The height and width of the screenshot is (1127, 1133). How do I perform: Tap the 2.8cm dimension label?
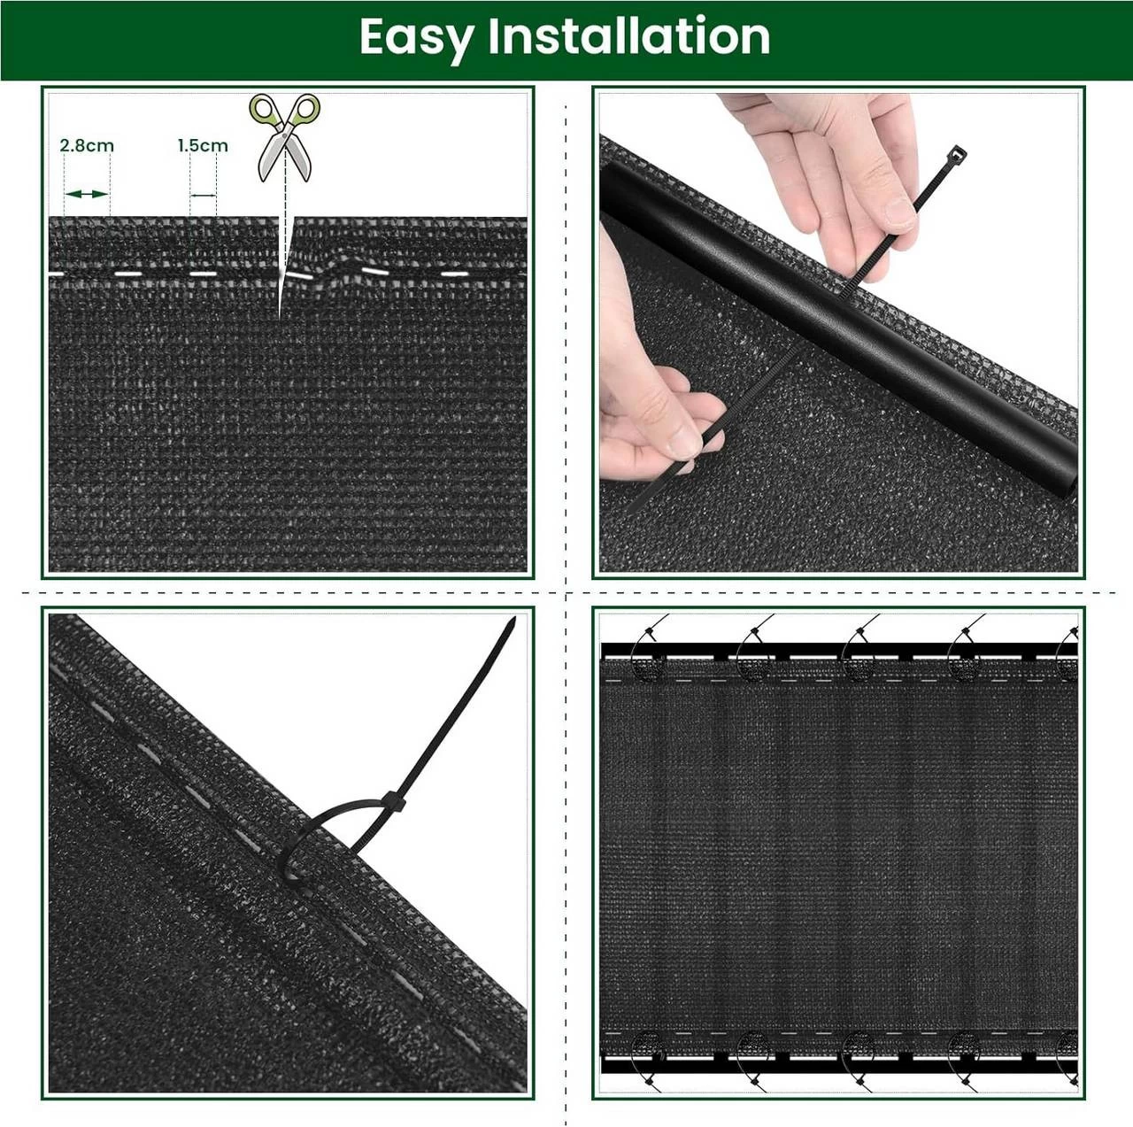tap(87, 145)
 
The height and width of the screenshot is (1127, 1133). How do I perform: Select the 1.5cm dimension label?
tap(203, 145)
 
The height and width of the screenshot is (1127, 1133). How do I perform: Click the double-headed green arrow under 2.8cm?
tap(87, 194)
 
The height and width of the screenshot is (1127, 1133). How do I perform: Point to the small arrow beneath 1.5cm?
tap(204, 195)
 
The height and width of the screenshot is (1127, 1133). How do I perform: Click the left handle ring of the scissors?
tap(264, 110)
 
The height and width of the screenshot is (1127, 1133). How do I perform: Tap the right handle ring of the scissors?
tap(305, 110)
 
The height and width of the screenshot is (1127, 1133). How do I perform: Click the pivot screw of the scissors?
tap(284, 133)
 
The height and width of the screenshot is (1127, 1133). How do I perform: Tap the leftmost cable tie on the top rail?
tap(649, 651)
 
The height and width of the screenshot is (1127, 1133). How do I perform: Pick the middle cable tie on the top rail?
tap(858, 651)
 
